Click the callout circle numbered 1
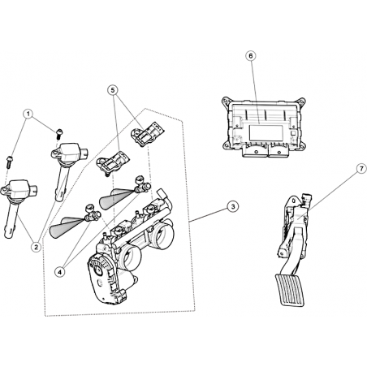coord(28,114)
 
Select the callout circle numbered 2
coord(36,247)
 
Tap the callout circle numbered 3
coord(233,206)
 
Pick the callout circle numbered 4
coord(60,272)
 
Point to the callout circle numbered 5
coord(113,89)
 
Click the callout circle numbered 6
coord(251,56)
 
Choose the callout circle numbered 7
coord(361,169)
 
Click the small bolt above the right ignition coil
coord(59,133)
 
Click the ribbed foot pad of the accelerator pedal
coord(291,291)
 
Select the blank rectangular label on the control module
coord(266,132)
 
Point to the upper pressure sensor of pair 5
coord(148,135)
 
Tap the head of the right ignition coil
coord(70,153)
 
